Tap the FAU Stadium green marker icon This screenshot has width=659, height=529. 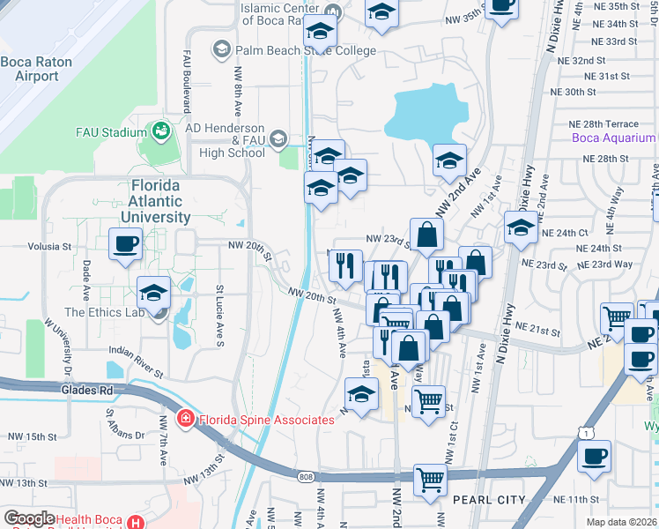[x=160, y=132]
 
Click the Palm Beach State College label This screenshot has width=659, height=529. [x=306, y=50]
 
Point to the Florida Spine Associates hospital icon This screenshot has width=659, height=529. [x=186, y=419]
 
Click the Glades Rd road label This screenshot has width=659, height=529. [x=85, y=390]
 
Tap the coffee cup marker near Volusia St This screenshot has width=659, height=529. [x=125, y=243]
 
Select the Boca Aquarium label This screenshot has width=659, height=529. [x=614, y=138]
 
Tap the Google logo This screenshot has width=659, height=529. [x=29, y=518]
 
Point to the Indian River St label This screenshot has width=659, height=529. [x=134, y=362]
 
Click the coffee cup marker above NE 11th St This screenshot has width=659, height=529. [x=594, y=456]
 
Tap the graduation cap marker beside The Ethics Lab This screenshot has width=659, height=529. [x=154, y=292]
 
